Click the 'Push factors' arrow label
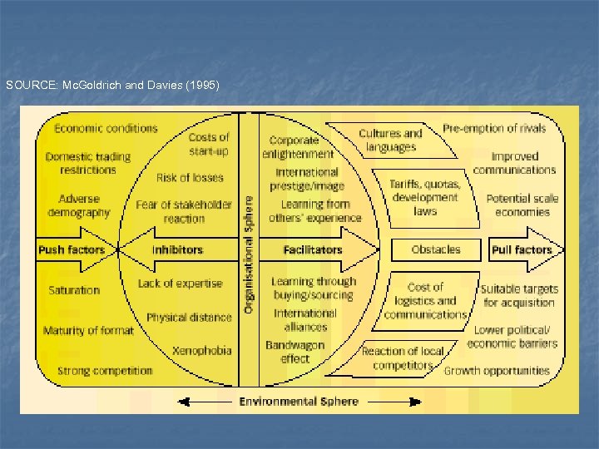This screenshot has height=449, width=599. [72, 249]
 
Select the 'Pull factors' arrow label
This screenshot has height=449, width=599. [522, 249]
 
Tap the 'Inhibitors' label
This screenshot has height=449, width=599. [178, 249]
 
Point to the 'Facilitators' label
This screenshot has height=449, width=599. [312, 249]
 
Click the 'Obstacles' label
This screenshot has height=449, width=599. [436, 249]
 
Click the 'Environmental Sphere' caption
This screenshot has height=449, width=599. [299, 401]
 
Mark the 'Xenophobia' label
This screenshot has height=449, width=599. [202, 350]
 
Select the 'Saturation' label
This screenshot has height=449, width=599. [74, 290]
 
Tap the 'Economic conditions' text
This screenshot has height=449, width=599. [106, 128]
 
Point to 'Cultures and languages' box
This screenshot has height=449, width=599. [391, 140]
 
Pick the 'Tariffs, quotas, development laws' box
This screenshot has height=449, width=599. [425, 198]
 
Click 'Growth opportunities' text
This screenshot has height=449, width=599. [497, 371]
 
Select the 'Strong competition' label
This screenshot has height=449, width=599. [105, 371]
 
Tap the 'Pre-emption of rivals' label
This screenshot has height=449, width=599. [494, 128]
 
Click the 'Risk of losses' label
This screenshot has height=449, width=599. [190, 177]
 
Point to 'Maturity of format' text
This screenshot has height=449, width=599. [88, 331]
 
